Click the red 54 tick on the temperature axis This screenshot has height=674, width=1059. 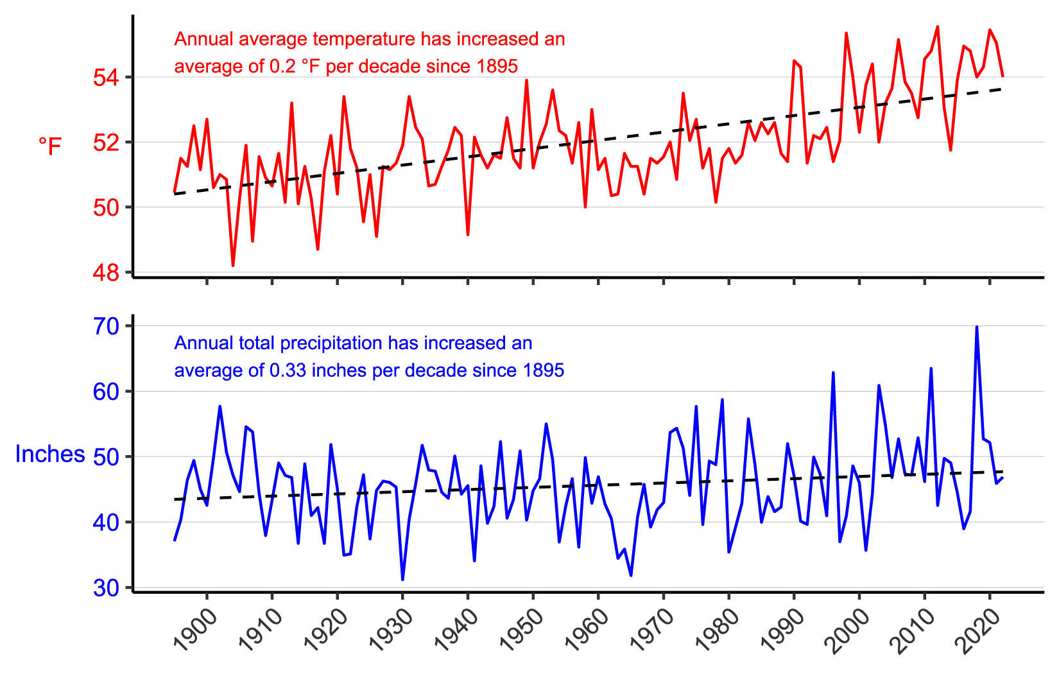[106, 78]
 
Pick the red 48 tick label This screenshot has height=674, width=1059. [106, 273]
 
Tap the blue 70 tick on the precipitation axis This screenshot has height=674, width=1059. [106, 326]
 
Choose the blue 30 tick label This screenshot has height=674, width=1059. [106, 588]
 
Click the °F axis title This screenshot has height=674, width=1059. [50, 146]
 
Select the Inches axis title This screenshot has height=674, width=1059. [50, 454]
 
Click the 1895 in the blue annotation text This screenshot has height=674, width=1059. [544, 371]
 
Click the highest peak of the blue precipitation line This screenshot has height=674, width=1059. [977, 327]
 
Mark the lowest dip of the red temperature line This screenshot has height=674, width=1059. [233, 266]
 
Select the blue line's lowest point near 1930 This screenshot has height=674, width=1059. [402, 580]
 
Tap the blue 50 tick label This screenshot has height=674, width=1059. [106, 457]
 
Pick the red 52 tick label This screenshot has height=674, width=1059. [106, 143]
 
